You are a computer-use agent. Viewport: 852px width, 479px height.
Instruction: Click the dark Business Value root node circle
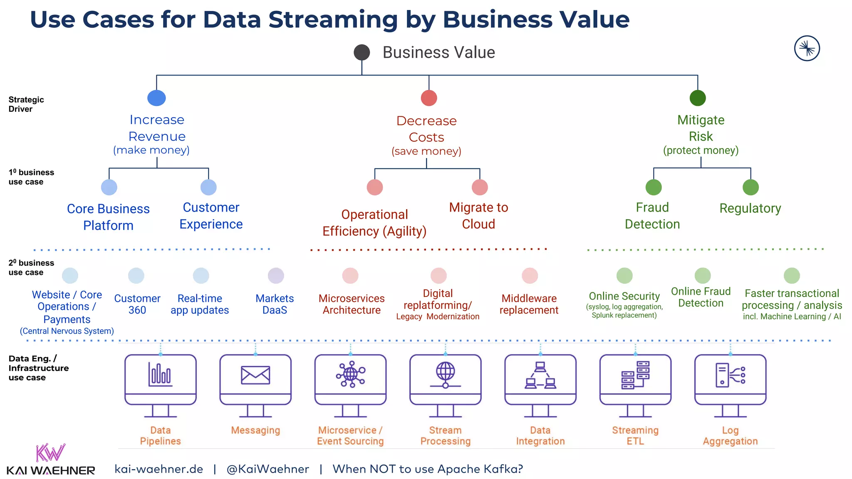coord(362,52)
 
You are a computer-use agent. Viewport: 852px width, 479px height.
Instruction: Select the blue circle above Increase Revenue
coord(156,98)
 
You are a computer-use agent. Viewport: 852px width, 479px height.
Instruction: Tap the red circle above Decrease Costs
coord(429,98)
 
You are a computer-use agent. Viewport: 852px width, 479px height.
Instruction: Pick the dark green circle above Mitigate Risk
coord(698,98)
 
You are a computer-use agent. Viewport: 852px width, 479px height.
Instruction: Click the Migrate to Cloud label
coord(478,216)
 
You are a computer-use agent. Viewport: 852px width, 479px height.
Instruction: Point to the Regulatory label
coord(750,208)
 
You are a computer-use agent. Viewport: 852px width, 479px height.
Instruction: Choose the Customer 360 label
coord(137,304)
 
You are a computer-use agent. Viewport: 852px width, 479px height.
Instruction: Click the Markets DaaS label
coord(275,304)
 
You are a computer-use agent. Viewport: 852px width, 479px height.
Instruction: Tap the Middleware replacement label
coord(529,304)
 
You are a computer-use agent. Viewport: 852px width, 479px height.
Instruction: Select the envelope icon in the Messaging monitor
coord(255,375)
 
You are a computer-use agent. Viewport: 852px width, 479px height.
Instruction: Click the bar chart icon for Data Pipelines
coord(160,374)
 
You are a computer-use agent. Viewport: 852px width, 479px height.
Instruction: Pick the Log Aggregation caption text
coord(730,436)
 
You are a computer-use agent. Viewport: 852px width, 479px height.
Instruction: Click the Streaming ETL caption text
coord(635,436)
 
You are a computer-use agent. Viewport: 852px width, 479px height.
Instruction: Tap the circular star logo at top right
coord(807,49)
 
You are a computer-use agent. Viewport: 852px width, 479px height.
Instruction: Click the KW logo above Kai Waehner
coord(50,453)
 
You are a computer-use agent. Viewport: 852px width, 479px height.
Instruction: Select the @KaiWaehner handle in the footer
coord(267,469)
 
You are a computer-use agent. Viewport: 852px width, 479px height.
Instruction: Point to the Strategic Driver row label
coord(26,104)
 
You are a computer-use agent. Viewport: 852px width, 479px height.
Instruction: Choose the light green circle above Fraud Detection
coord(654,187)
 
